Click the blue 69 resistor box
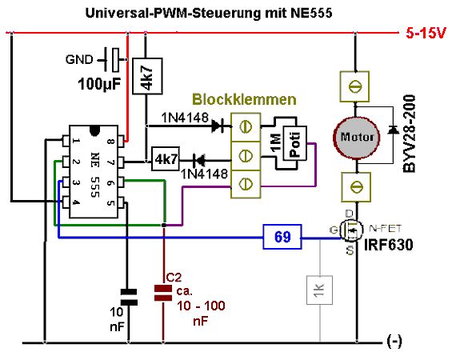282,237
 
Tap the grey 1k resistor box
319,290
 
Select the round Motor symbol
357,138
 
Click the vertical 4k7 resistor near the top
147,76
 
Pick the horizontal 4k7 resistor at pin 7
166,159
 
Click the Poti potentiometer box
295,143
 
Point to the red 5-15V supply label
426,33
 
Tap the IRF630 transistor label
389,245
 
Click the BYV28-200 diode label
410,134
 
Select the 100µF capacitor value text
99,84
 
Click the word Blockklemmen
244,99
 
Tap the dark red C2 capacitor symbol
163,293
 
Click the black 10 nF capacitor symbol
129,298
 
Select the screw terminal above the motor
354,86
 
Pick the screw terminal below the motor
356,187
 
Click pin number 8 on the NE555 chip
110,142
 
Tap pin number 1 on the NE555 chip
76,141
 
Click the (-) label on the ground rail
394,341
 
